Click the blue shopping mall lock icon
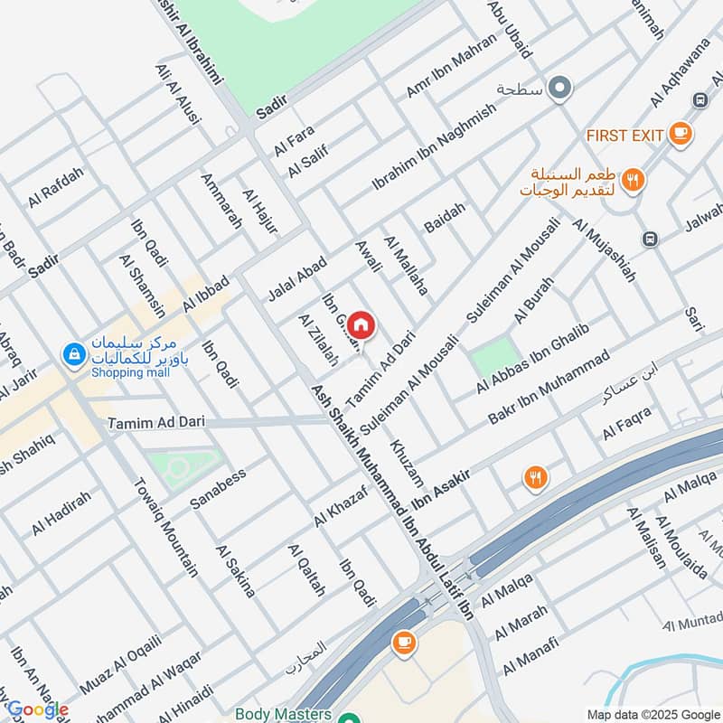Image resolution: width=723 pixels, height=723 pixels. tap(70, 355)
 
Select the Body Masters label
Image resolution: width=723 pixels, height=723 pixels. tap(278, 713)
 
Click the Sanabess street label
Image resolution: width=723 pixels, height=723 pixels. tap(217, 488)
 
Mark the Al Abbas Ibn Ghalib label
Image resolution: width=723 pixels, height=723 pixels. tap(532, 359)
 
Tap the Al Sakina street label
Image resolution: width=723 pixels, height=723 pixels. tap(236, 571)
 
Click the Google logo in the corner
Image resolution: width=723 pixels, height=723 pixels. tap(38, 709)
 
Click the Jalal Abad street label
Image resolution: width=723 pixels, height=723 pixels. tap(296, 278)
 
